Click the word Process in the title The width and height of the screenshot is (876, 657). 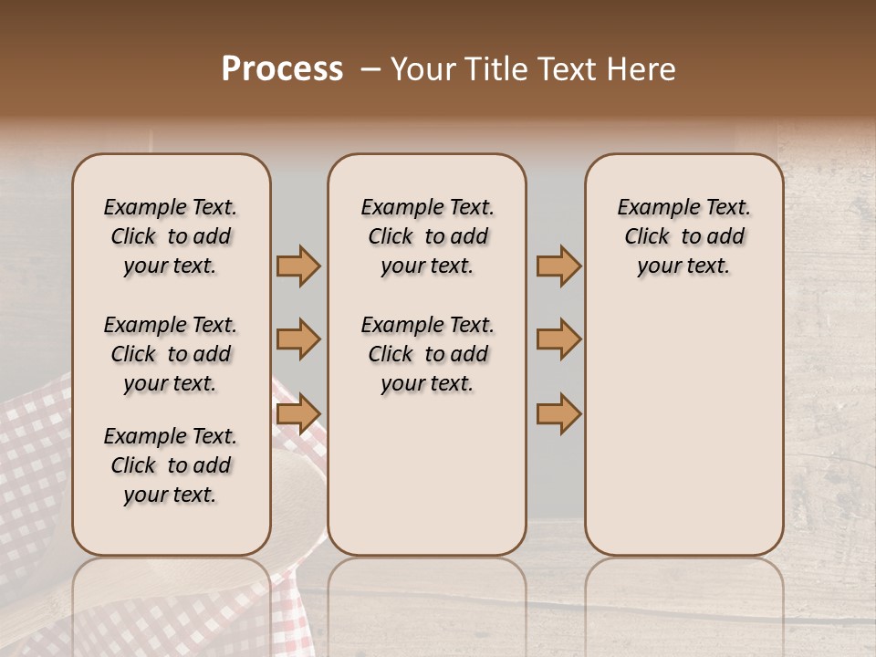click(x=282, y=69)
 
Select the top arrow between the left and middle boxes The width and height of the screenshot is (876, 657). click(x=298, y=266)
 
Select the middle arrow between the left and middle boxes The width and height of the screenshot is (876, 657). click(x=298, y=339)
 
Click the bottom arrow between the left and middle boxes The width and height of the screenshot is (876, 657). click(x=298, y=413)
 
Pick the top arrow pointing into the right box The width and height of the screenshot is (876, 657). click(x=558, y=266)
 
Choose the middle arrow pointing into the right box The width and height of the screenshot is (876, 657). click(x=558, y=339)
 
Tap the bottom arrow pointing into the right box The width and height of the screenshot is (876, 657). click(x=558, y=413)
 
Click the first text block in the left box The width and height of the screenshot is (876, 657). click(x=171, y=236)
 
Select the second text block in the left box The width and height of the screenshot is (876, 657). click(x=171, y=354)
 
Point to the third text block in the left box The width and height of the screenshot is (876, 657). click(x=171, y=465)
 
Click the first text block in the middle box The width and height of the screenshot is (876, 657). click(x=427, y=236)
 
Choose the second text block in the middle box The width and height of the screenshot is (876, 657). click(x=427, y=354)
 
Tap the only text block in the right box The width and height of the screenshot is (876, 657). click(x=683, y=236)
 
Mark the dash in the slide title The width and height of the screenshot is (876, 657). click(x=370, y=69)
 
